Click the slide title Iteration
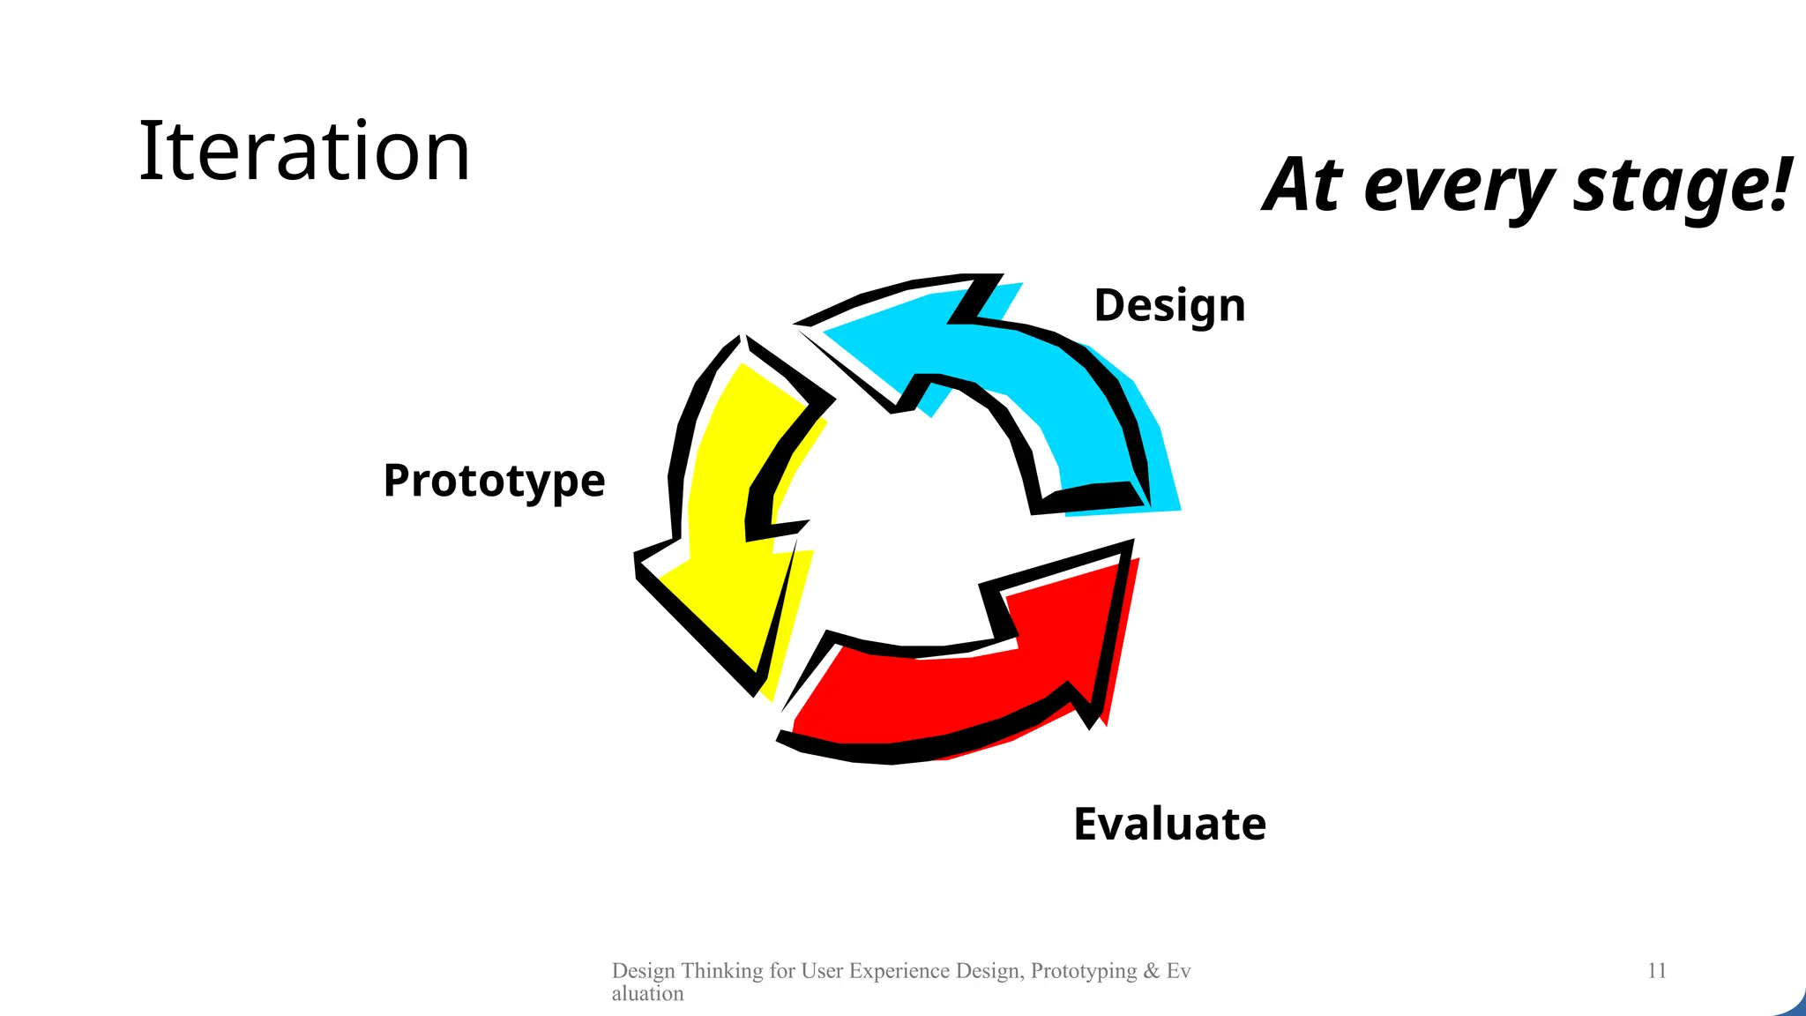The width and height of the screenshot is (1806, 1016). coord(304,152)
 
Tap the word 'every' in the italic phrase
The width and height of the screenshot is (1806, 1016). coord(1459,187)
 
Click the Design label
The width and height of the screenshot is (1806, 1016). coord(1169,306)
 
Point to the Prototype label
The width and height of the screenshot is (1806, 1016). coord(494,481)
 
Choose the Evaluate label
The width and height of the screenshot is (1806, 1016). coord(1169,824)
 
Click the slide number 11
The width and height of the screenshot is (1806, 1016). coord(1656,971)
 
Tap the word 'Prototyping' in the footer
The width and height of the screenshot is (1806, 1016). coord(1084,971)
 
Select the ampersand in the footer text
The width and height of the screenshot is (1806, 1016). coord(1152,971)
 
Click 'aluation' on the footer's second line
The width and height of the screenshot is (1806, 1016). coord(647,994)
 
